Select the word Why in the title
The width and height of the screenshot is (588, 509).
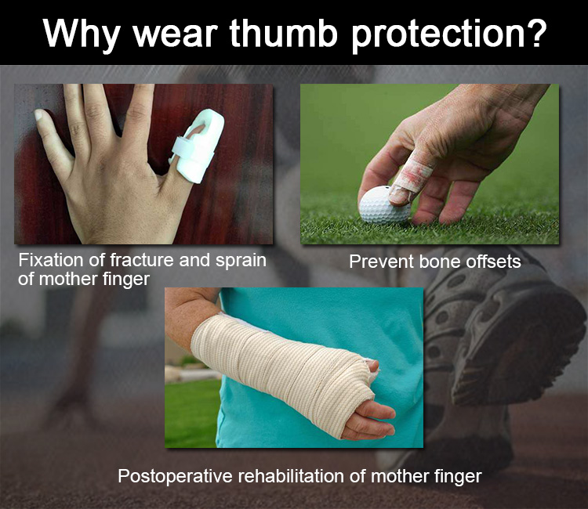pyautogui.click(x=81, y=35)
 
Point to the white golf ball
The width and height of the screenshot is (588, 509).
pyautogui.click(x=383, y=205)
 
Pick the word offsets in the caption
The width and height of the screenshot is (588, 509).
pyautogui.click(x=493, y=262)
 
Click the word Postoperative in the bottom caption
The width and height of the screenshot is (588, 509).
pyautogui.click(x=176, y=477)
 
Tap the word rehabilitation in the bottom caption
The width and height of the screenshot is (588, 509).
pyautogui.click(x=292, y=476)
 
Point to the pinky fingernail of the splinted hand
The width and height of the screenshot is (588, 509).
pyautogui.click(x=38, y=114)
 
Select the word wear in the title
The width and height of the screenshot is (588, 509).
pyautogui.click(x=175, y=35)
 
